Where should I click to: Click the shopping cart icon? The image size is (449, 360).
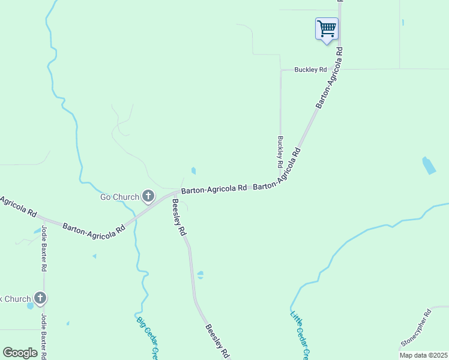point(327,28)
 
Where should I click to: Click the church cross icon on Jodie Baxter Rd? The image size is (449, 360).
point(40,298)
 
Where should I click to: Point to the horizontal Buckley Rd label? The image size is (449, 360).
point(310,70)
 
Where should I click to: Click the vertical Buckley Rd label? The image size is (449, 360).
point(280,151)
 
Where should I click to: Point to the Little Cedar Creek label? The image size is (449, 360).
point(299,335)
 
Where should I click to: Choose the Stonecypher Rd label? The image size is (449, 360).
point(417,328)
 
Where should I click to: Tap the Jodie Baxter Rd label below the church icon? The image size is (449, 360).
point(44,336)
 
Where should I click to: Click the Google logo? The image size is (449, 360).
point(20,352)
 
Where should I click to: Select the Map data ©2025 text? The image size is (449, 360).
point(423,355)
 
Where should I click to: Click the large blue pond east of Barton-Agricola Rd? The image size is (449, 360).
point(429,166)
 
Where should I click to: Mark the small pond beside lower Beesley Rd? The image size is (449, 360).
point(200,275)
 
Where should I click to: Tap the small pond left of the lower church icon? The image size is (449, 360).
point(30,305)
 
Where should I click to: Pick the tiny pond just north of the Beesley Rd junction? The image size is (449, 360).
point(193,170)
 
